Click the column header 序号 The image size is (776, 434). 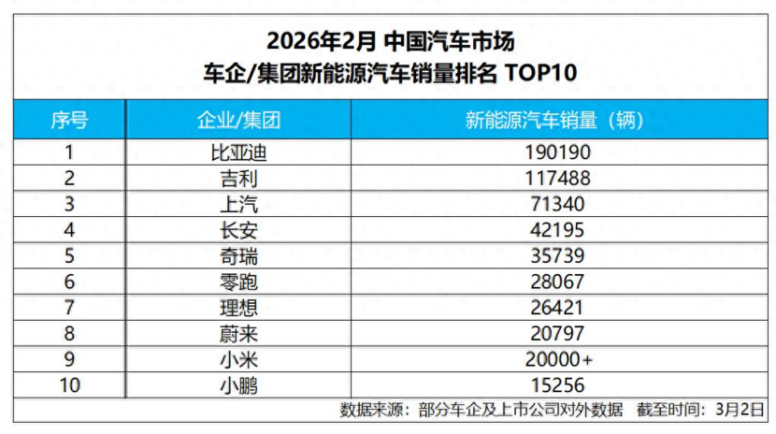pyautogui.click(x=69, y=120)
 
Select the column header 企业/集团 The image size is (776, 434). pyautogui.click(x=238, y=120)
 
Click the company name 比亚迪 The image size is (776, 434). pyautogui.click(x=238, y=152)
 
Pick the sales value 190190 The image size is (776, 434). pyautogui.click(x=556, y=152)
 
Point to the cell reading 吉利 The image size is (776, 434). pyautogui.click(x=238, y=178)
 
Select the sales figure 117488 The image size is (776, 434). pyautogui.click(x=556, y=178)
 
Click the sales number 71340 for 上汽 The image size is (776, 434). pyautogui.click(x=556, y=203)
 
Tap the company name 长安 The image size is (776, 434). pyautogui.click(x=238, y=229)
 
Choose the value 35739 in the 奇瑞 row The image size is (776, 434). pyautogui.click(x=556, y=254)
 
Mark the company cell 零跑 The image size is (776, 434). pyautogui.click(x=238, y=281)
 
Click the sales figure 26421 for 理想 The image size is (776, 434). pyautogui.click(x=556, y=307)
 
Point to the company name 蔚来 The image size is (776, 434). pyautogui.click(x=238, y=332)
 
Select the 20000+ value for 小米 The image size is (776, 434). pyautogui.click(x=556, y=358)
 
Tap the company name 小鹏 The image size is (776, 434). pyautogui.click(x=238, y=383)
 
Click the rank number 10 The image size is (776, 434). pyautogui.click(x=69, y=383)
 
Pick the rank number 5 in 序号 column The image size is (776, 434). pyautogui.click(x=69, y=254)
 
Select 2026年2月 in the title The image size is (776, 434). pyautogui.click(x=322, y=41)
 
